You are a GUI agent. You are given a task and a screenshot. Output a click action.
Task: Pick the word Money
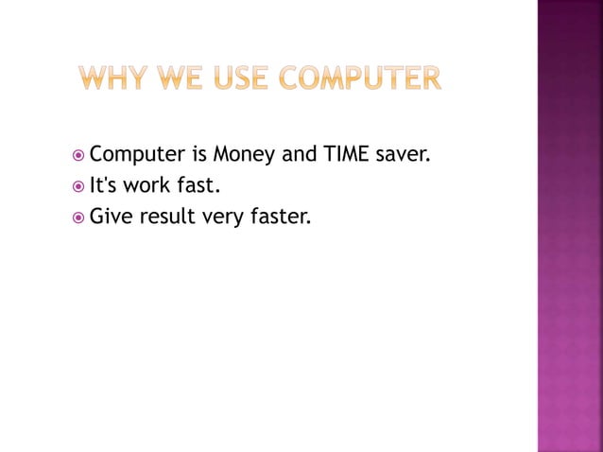click(x=244, y=153)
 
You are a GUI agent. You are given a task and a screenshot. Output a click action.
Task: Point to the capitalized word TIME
click(x=345, y=152)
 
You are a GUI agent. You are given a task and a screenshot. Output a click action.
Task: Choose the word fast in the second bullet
click(x=196, y=185)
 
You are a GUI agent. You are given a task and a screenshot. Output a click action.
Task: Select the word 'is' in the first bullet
click(x=198, y=152)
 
